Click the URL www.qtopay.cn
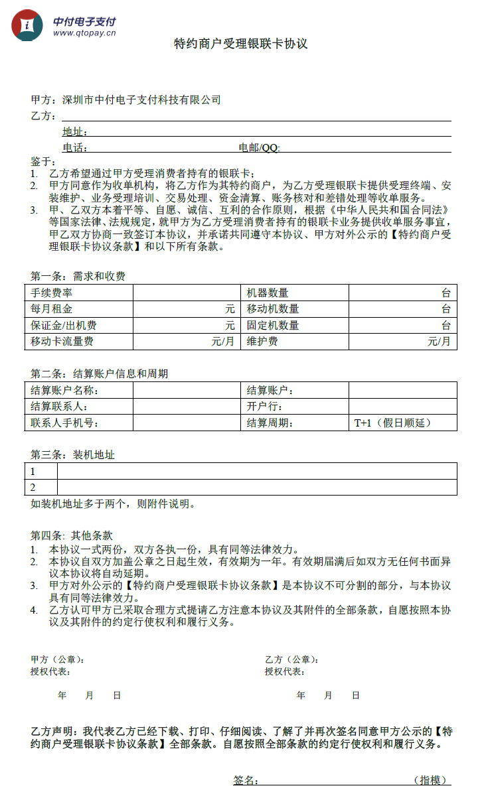[x=84, y=32]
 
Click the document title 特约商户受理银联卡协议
[x=241, y=44]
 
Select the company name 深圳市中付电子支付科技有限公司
[x=141, y=100]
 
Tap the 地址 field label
[x=74, y=131]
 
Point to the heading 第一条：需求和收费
[x=78, y=276]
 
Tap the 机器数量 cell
[x=268, y=293]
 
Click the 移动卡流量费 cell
[x=62, y=342]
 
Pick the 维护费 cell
[x=262, y=342]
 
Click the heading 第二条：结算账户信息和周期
[x=100, y=373]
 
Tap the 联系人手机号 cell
[x=64, y=423]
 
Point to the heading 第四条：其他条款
[x=72, y=535]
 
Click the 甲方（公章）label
[x=57, y=659]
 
